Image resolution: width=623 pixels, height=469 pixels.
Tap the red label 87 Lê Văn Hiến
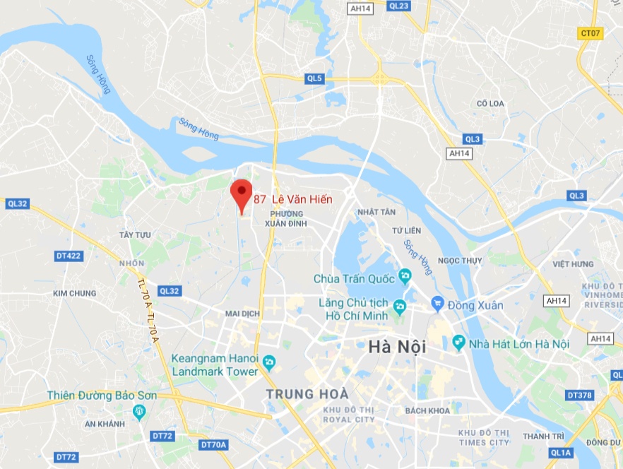coord(292,199)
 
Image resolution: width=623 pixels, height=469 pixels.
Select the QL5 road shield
coord(315,79)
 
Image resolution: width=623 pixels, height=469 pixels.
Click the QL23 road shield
coord(399,6)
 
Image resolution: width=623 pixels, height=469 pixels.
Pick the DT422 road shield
coord(69,256)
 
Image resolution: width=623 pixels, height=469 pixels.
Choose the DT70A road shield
coord(213,444)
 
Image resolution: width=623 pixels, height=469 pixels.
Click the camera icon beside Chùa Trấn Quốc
coord(405,274)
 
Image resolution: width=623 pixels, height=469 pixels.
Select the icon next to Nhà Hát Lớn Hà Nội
coord(459,343)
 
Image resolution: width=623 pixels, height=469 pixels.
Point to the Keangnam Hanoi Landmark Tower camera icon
coord(268,363)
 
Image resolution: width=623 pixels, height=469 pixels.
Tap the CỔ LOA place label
coord(491,104)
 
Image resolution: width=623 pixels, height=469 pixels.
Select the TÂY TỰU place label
coord(136,234)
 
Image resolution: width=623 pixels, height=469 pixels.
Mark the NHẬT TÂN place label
coord(376,212)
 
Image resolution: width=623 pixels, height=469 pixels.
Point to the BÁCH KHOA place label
coord(427,410)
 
